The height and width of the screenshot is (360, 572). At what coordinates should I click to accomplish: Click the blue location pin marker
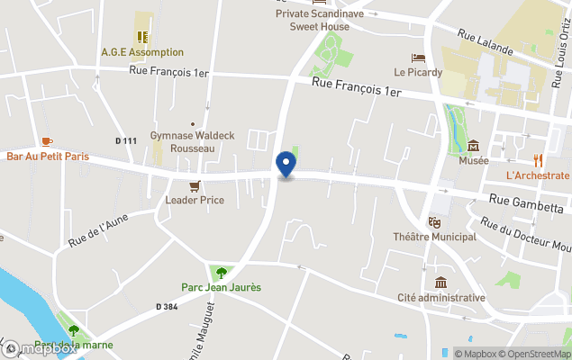tap(286, 164)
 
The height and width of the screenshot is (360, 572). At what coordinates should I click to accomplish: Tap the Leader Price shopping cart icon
tap(194, 185)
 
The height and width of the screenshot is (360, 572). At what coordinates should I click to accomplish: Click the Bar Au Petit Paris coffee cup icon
tap(47, 141)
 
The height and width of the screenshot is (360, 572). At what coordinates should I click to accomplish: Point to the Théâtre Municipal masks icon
tap(434, 221)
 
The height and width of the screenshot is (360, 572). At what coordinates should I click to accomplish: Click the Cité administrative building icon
tap(440, 283)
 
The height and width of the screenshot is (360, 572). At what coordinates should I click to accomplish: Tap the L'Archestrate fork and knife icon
tap(539, 160)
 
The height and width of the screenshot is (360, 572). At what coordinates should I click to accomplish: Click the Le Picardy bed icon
tap(418, 58)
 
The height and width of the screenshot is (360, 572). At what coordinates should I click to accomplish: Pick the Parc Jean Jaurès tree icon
tap(221, 273)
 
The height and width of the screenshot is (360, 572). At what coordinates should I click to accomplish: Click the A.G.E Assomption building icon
tap(142, 37)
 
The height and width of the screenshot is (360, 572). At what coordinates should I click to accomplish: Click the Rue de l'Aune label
tap(98, 229)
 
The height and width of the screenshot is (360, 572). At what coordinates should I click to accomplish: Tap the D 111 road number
tap(126, 140)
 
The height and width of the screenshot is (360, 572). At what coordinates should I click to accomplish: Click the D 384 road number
tap(166, 307)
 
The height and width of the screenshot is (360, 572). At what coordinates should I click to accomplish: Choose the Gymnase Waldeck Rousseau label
tap(192, 141)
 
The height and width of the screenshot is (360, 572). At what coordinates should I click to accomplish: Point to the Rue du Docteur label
tap(524, 234)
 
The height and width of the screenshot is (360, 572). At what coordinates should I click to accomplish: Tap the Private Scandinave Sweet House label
tap(319, 19)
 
